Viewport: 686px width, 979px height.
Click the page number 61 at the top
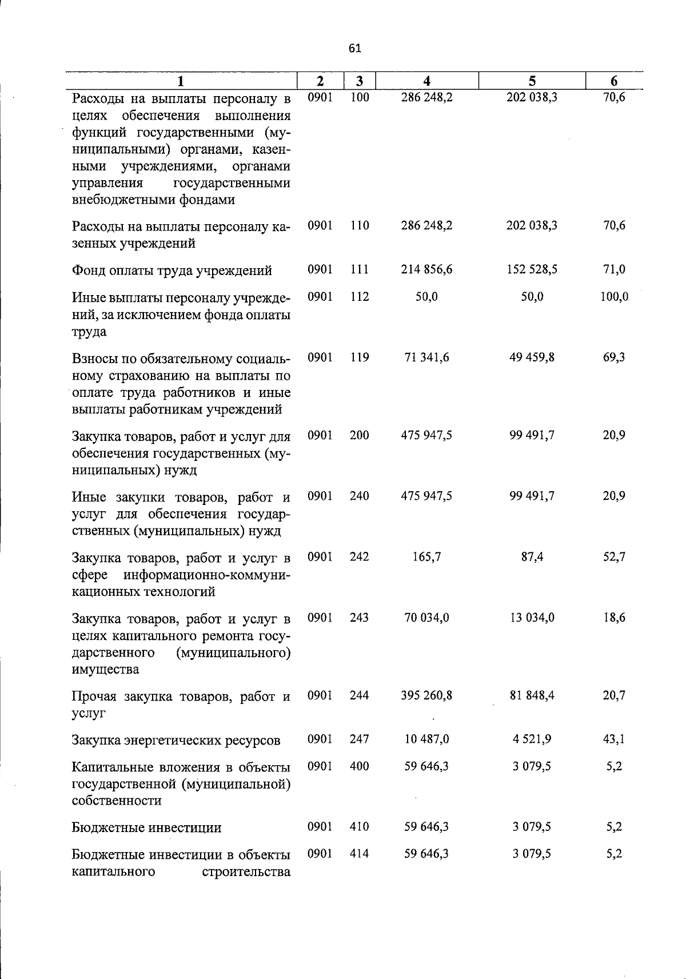(354, 49)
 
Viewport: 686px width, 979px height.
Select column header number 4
(426, 81)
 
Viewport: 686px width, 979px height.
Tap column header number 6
(614, 81)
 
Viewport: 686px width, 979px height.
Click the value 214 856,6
(426, 269)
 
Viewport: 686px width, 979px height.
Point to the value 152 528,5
(532, 269)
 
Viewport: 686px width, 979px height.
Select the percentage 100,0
(614, 296)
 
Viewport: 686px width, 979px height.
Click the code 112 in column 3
(360, 296)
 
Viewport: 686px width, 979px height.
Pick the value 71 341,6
(426, 357)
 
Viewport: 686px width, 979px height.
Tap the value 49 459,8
(532, 357)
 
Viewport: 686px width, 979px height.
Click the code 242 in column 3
(360, 556)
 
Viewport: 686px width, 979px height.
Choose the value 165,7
(426, 556)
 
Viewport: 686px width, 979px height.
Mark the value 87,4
(532, 556)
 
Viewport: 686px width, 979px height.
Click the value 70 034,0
(426, 618)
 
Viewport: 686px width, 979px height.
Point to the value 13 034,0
(532, 618)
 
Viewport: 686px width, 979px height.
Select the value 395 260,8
(426, 695)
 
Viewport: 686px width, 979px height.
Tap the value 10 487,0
(426, 739)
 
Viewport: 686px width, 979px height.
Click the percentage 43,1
(614, 739)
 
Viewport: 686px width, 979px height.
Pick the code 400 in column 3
(360, 766)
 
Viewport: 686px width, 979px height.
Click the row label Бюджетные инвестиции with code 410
(146, 827)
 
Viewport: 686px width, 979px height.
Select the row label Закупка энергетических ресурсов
(176, 741)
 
